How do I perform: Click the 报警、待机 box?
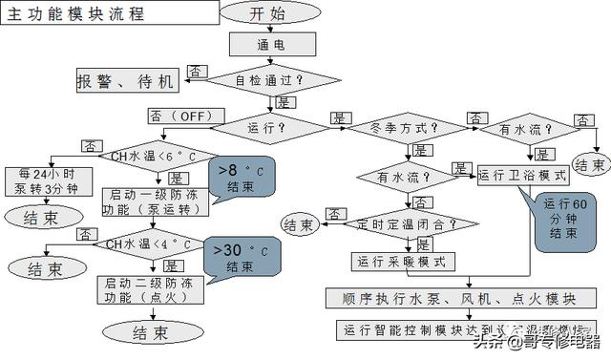pyautogui.click(x=126, y=82)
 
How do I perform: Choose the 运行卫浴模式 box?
pyautogui.click(x=523, y=175)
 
